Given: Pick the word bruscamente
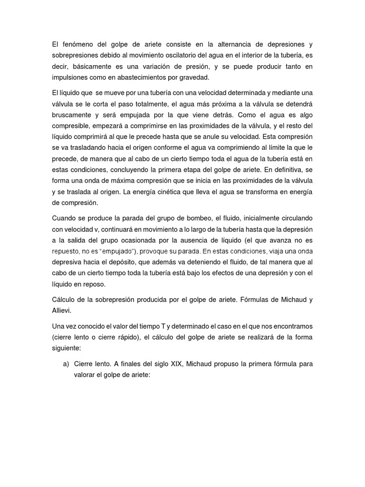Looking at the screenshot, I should pos(73,115).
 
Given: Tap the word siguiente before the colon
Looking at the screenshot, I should pos(67,348).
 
